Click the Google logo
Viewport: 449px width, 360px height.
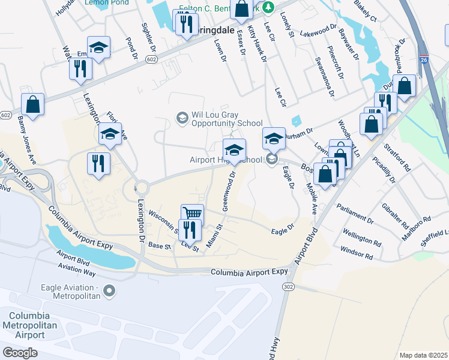[20, 353]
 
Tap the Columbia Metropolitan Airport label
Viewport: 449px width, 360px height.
[30, 325]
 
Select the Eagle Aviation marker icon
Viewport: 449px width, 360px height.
[109, 292]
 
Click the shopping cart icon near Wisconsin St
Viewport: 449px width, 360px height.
[192, 214]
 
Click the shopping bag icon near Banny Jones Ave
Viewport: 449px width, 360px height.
[33, 104]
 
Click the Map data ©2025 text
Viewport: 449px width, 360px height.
[423, 355]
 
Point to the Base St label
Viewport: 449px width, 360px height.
[160, 246]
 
